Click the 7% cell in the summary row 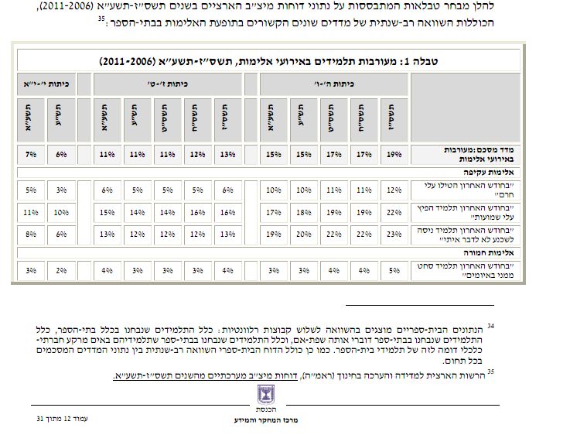(x=31, y=155)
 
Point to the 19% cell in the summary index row (x=394, y=155)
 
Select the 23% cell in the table (x=394, y=234)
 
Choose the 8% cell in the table (x=31, y=234)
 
